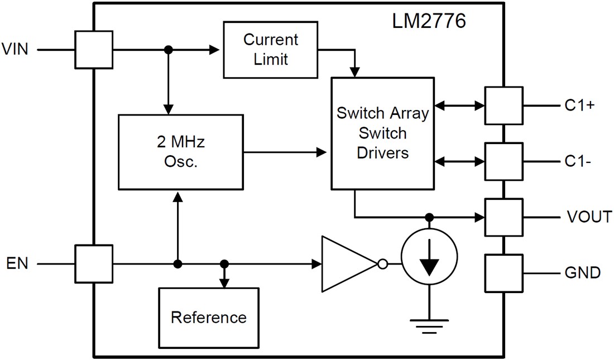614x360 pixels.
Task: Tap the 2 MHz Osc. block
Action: (180, 151)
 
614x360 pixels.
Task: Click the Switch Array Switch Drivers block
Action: (382, 133)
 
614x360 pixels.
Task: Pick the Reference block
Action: (208, 318)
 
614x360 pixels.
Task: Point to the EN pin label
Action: (17, 263)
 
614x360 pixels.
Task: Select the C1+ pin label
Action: (579, 105)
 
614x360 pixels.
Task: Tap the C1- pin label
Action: (577, 161)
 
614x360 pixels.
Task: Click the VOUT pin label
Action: (589, 217)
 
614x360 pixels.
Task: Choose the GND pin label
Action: (582, 273)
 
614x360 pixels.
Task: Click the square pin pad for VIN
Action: (94, 50)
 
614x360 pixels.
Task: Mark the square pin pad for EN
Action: (94, 263)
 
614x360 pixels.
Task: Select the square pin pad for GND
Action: (503, 273)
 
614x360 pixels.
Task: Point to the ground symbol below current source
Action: (429, 325)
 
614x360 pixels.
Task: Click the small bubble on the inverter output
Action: (382, 263)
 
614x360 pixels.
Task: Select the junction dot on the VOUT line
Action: (429, 217)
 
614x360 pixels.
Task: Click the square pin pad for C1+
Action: (503, 105)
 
